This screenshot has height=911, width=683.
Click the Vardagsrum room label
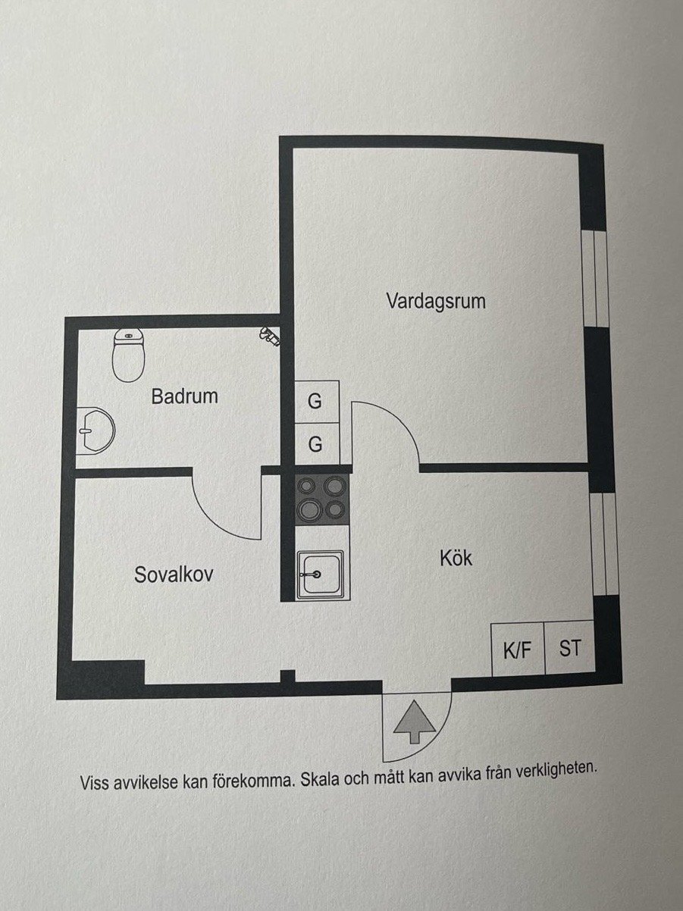tap(436, 300)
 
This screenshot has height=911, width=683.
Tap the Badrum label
tap(185, 396)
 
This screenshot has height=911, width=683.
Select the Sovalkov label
tap(174, 574)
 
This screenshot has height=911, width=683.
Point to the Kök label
tap(456, 558)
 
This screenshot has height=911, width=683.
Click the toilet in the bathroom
tap(129, 355)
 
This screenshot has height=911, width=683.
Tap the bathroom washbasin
tap(96, 430)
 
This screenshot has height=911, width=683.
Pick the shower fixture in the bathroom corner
tap(270, 336)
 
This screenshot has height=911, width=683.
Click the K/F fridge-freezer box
tap(518, 649)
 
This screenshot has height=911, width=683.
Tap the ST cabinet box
tap(570, 647)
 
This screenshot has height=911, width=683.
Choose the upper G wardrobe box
tap(317, 402)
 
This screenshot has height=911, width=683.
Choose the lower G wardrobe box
tap(317, 444)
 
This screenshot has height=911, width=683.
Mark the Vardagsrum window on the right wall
tap(595, 278)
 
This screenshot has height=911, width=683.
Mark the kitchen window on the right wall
tap(603, 544)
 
